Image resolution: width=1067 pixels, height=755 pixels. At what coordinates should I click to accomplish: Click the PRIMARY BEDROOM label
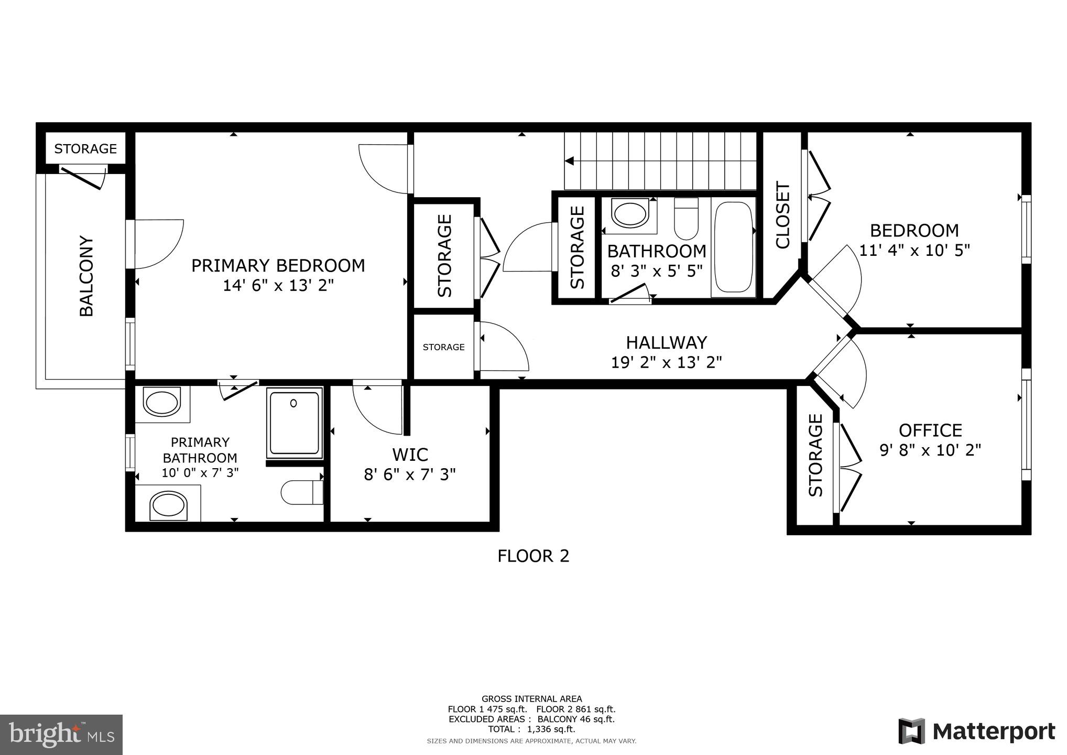click(x=278, y=266)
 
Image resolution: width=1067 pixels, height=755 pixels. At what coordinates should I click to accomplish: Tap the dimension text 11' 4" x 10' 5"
click(x=914, y=250)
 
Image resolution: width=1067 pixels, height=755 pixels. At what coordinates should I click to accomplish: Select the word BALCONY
click(x=86, y=276)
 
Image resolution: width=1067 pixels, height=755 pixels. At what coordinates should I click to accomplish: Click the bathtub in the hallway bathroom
click(x=733, y=247)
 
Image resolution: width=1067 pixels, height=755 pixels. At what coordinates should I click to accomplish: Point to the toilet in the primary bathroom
click(x=302, y=492)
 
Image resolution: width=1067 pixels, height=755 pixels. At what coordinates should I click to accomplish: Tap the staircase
click(x=660, y=160)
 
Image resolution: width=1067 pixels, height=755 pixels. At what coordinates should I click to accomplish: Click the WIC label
click(x=410, y=454)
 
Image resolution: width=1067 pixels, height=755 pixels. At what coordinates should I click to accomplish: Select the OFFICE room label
click(x=930, y=430)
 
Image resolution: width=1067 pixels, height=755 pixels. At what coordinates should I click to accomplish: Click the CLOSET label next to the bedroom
click(x=782, y=215)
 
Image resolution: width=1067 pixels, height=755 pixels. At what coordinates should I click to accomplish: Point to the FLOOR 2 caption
click(x=533, y=556)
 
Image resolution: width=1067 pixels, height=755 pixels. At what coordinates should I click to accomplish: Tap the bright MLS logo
click(x=61, y=735)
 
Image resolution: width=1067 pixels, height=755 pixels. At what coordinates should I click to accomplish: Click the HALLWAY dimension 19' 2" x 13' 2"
click(x=666, y=362)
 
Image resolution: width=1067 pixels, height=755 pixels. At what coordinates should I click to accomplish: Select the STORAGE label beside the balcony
click(x=85, y=149)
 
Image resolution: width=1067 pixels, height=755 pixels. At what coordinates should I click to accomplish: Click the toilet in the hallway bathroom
click(x=685, y=219)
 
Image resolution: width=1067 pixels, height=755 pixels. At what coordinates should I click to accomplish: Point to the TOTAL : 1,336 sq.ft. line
click(x=531, y=729)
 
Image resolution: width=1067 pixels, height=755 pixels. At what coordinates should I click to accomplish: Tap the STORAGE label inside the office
click(x=815, y=455)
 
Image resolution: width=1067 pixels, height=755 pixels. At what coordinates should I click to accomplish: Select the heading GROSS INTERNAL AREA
click(x=531, y=699)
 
